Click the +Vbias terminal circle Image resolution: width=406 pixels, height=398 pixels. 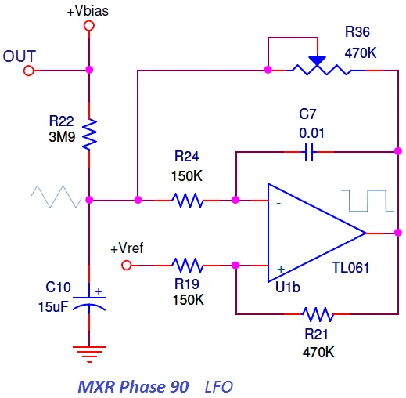pos(89,26)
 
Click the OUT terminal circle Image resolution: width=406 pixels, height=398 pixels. pos(29,71)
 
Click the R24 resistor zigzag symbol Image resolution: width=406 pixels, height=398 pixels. pos(189,201)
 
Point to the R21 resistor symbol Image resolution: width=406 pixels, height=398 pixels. pos(318,314)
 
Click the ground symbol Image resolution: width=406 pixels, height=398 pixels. pos(89,353)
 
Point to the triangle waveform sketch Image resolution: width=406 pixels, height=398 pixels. pos(56,197)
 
